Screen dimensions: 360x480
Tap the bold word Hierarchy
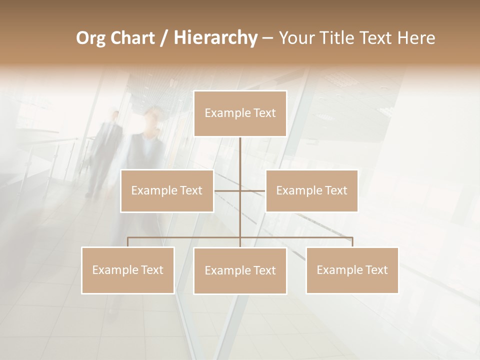[x=215, y=38]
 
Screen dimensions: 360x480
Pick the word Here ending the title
[x=416, y=38]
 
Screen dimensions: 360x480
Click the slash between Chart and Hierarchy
[x=164, y=38]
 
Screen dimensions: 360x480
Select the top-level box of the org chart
[x=240, y=113]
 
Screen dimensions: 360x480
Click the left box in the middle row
[x=167, y=190]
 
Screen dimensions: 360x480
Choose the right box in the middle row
[x=311, y=190]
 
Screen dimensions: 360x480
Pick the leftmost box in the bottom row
[x=128, y=270]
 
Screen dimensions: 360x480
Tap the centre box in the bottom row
[x=240, y=270]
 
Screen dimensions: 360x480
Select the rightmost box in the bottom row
[x=352, y=270]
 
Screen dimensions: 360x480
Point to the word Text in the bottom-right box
[x=376, y=270]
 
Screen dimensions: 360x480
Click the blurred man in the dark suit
[x=106, y=150]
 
